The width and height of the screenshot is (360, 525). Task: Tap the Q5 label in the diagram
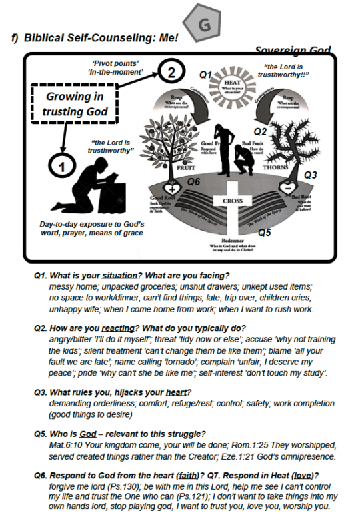[265, 233]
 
